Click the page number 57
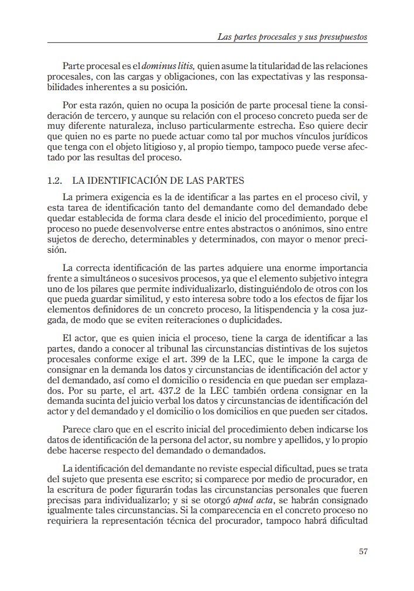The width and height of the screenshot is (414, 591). point(362,551)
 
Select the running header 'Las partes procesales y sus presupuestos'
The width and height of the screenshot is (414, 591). point(292,36)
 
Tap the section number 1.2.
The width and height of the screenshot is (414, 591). point(54,181)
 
